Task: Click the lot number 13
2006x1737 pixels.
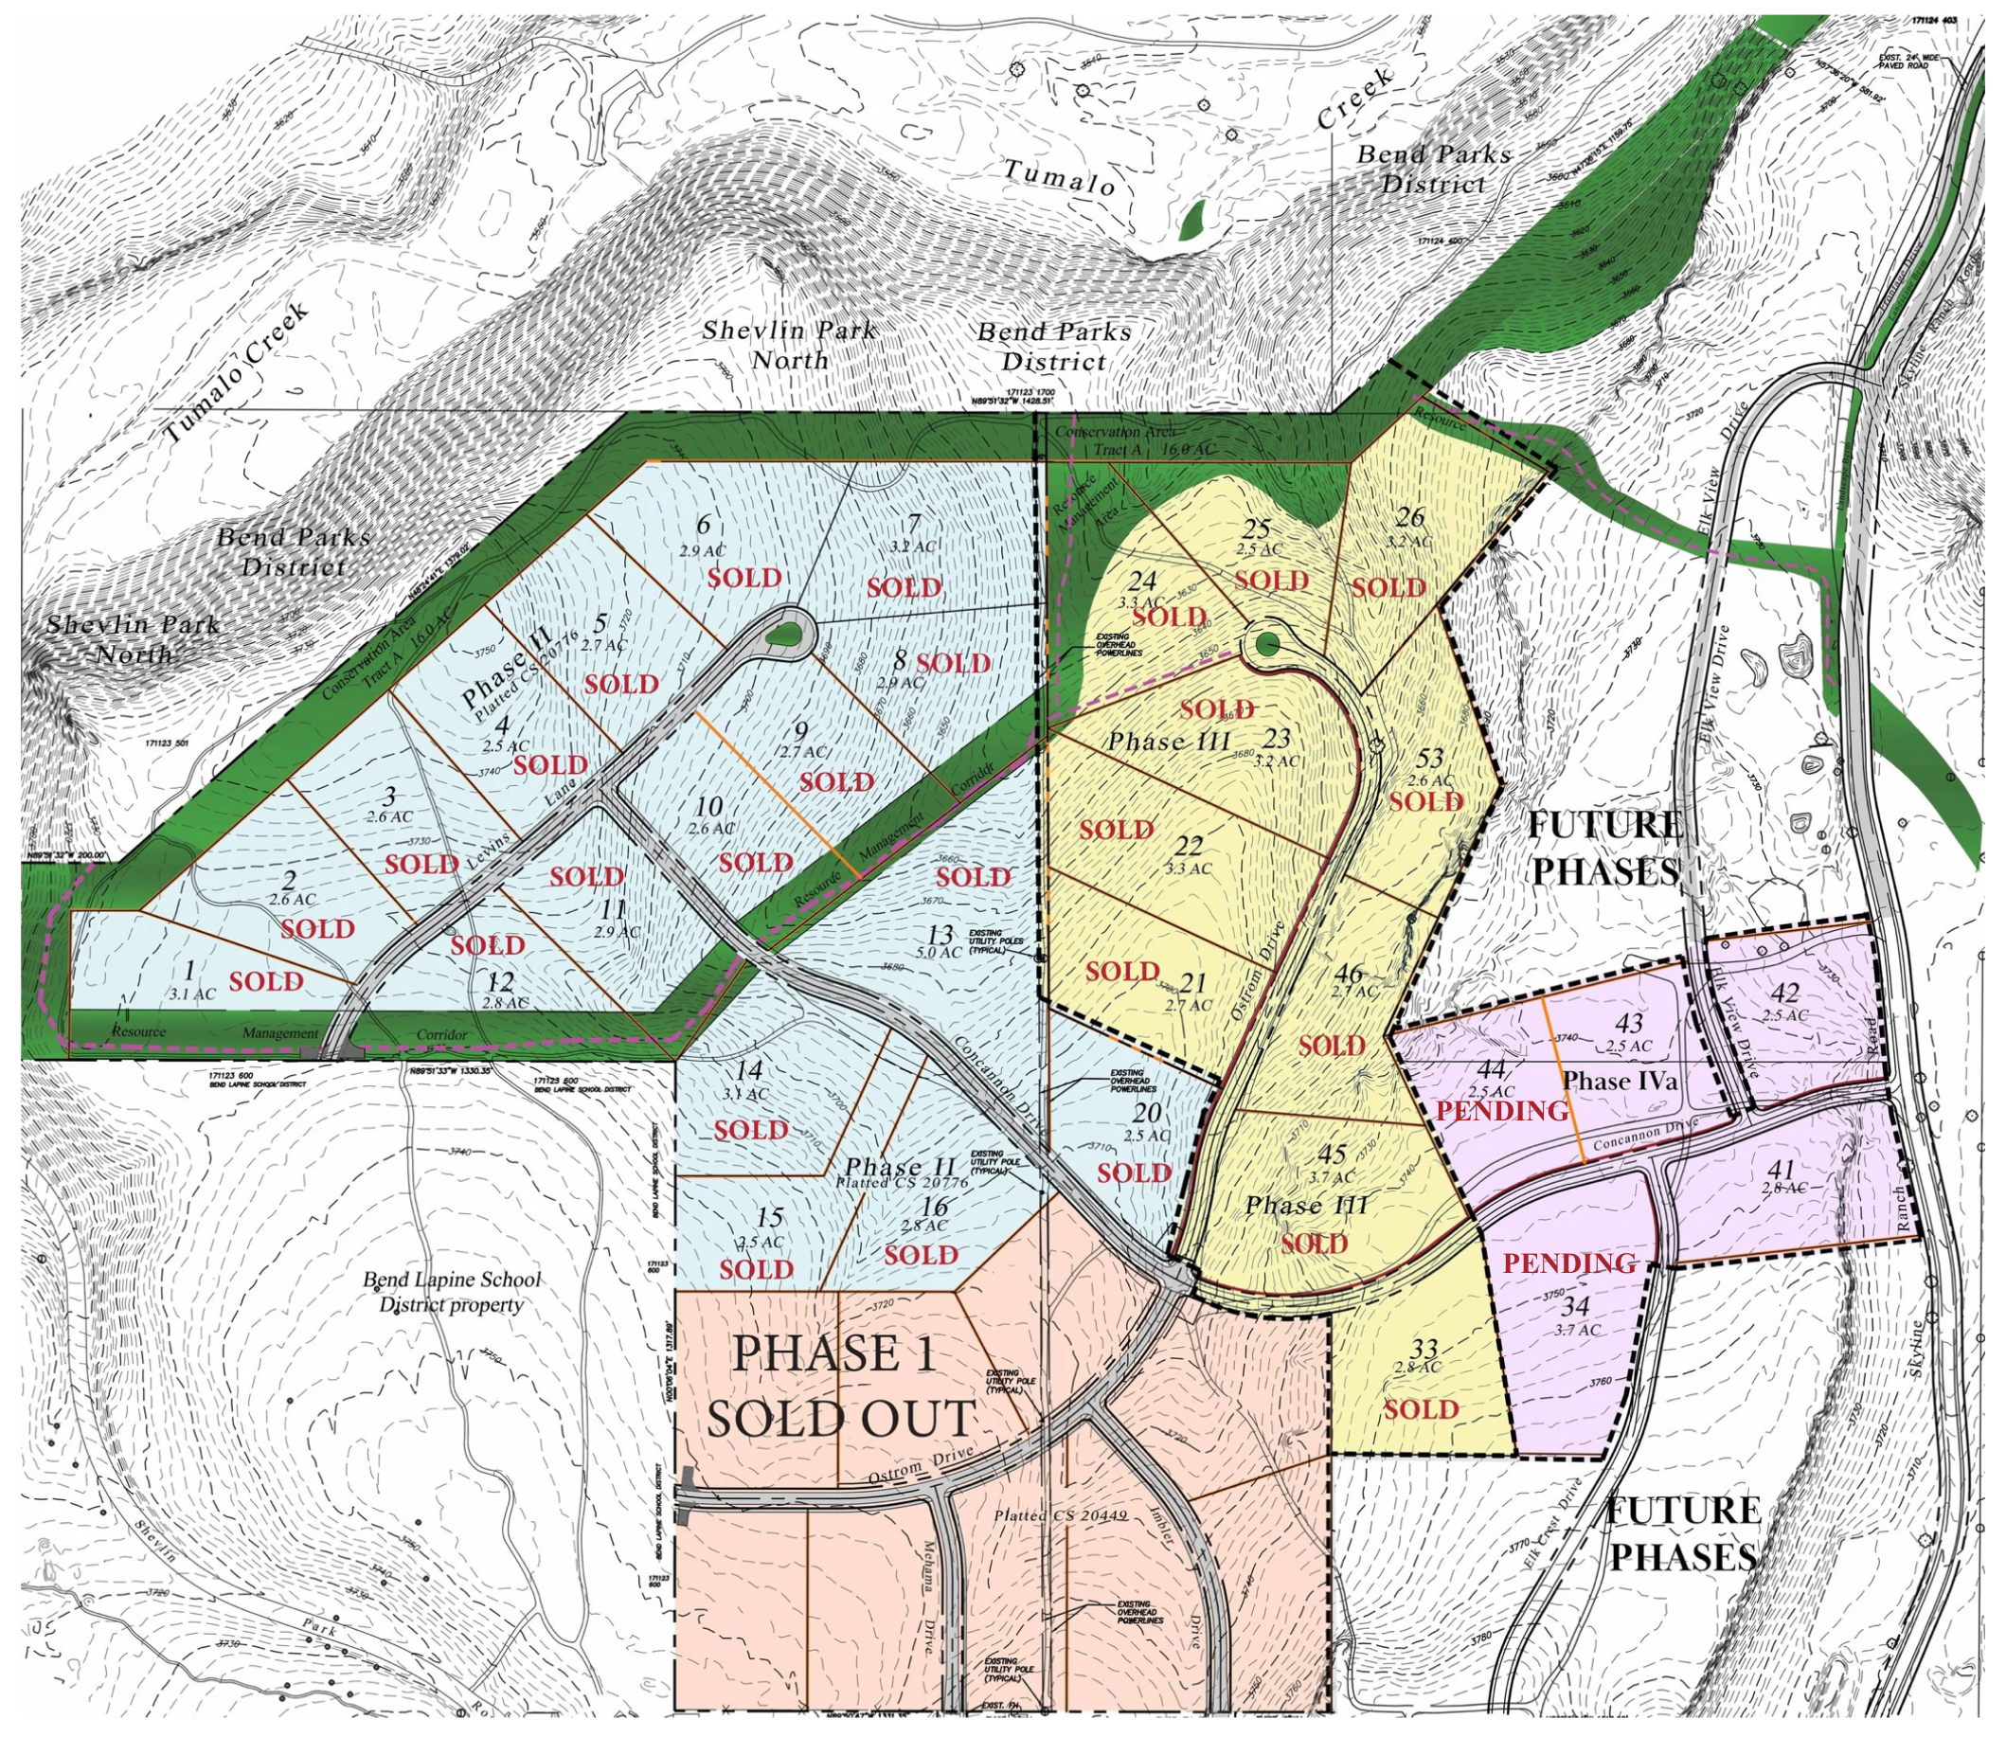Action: (x=940, y=937)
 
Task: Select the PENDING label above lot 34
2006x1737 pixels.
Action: (x=1569, y=1263)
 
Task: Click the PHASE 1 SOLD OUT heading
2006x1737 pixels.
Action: (x=838, y=1388)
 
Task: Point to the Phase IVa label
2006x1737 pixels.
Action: (x=1620, y=1080)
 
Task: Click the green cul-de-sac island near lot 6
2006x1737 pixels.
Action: (x=786, y=636)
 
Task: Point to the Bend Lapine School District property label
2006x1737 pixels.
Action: (x=452, y=1291)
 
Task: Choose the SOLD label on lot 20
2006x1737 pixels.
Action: (x=1134, y=1173)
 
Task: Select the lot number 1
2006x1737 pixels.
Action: (x=190, y=969)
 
